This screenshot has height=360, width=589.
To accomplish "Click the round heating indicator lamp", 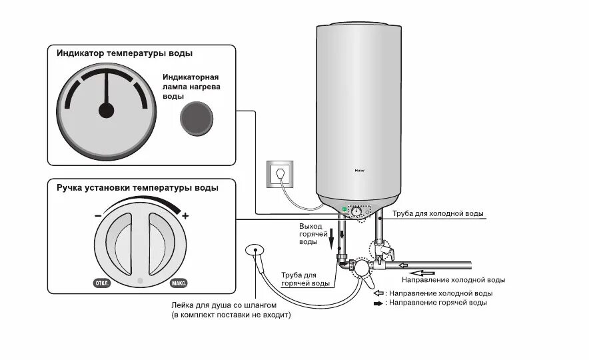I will pos(196,119).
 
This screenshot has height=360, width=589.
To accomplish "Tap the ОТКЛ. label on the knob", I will pos(102,283).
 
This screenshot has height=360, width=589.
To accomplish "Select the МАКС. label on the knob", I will pos(178,283).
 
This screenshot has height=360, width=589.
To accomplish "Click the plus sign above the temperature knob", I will pos(185,216).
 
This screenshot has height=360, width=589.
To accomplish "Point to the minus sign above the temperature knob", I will pos(98,216).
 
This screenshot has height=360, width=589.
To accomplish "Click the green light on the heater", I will pos(344,209).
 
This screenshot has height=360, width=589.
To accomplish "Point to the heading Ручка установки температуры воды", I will pos(137,188).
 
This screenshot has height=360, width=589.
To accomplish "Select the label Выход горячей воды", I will pos(310,234).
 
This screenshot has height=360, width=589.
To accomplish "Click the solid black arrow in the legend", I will pos(378,303).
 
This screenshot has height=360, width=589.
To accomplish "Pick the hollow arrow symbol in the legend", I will pos(378,293).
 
